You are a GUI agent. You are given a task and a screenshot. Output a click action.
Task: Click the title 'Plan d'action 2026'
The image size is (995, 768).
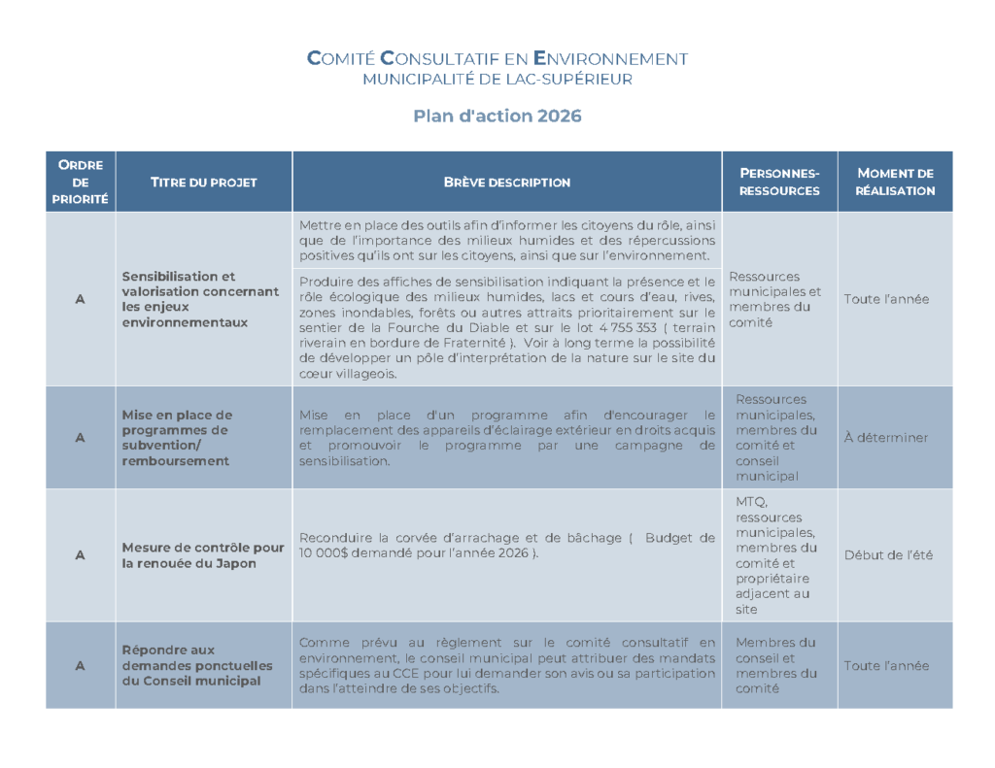click(x=497, y=117)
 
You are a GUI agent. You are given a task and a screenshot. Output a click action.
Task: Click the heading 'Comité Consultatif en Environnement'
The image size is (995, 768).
click(x=497, y=58)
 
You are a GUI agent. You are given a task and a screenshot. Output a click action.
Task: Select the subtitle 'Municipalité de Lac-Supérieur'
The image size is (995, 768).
click(x=497, y=80)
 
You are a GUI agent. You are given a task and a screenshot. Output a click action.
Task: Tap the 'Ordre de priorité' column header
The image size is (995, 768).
click(x=81, y=182)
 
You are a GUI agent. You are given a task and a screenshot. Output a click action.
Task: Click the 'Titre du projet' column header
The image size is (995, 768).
click(x=203, y=183)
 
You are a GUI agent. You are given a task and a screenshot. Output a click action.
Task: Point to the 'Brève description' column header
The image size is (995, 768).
click(x=506, y=183)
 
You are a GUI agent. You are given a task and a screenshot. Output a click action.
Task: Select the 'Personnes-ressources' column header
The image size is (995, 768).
click(x=778, y=182)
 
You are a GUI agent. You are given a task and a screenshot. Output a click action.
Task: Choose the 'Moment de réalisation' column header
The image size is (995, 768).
click(x=894, y=182)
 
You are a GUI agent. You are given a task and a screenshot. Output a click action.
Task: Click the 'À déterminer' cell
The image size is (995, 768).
click(x=885, y=438)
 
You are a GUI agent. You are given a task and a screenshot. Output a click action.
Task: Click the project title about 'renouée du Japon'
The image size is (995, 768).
click(x=203, y=555)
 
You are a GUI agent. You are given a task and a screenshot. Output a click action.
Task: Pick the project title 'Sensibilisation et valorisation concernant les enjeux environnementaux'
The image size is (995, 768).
click(x=200, y=299)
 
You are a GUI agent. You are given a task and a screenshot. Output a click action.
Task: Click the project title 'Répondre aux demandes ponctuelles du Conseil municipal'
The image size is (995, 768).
click(x=191, y=665)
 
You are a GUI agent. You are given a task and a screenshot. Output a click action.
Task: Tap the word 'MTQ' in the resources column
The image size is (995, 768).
click(x=751, y=501)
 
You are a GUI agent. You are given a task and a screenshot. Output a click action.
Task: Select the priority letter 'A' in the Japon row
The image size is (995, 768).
click(x=81, y=555)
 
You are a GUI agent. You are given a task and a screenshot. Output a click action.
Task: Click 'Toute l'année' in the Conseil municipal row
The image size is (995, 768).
click(x=885, y=666)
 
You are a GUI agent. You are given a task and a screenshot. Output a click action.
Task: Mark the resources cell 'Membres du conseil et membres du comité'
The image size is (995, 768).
click(x=776, y=665)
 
